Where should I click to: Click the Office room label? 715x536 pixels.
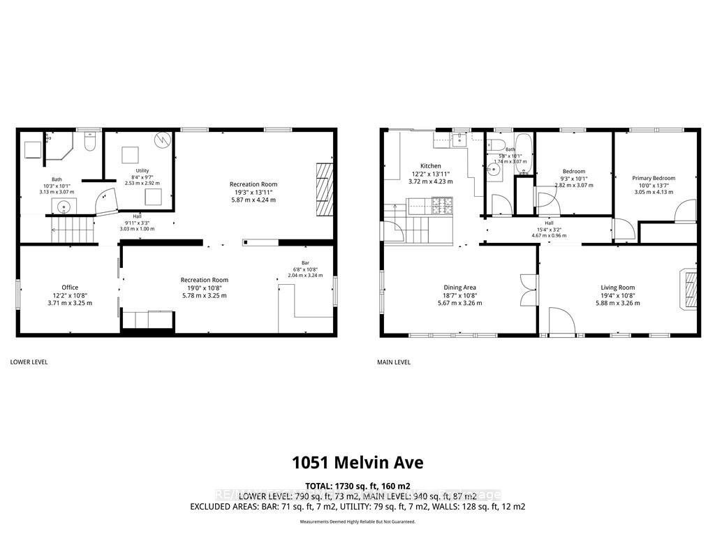coord(70,288)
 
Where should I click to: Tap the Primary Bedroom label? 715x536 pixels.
coord(654,178)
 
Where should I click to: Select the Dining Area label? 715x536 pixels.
coord(459,288)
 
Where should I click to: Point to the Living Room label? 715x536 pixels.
coord(617,288)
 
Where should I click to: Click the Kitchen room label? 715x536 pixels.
coord(431,166)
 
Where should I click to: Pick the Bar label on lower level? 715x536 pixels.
coord(305,262)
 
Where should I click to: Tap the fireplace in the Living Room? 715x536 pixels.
coord(689,288)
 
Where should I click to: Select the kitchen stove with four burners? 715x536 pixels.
coord(443,205)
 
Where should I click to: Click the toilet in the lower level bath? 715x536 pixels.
coord(89,142)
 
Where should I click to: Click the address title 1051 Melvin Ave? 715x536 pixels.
coord(357,463)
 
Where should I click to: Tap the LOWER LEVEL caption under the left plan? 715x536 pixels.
coord(29,362)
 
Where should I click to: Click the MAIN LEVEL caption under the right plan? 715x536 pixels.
coord(395,362)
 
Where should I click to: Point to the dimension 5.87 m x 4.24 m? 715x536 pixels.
coord(253,200)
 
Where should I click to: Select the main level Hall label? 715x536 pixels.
coord(549,223)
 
